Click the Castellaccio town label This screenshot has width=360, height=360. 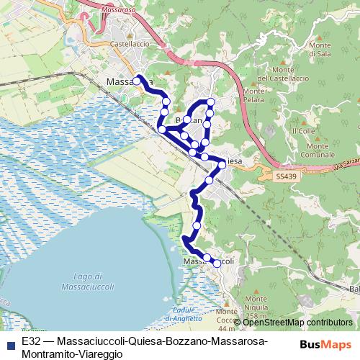point(130,44)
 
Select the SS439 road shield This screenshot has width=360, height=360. point(286,176)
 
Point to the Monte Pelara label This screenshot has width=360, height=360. point(254,95)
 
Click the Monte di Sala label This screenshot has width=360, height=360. point(320,50)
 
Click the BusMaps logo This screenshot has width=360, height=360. point(326,344)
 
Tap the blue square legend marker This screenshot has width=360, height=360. point(10,345)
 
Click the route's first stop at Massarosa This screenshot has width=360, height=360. point(137,81)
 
